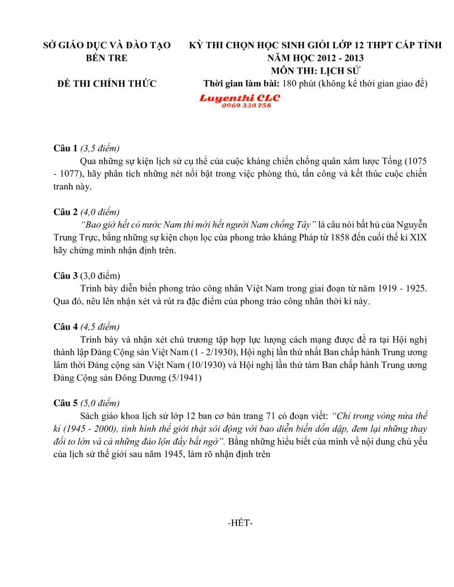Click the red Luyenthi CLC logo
(x=239, y=98)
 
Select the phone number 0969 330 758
(x=246, y=105)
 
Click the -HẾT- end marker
(x=239, y=523)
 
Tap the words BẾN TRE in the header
(x=107, y=58)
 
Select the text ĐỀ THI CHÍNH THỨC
(x=107, y=84)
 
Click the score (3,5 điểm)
(x=100, y=149)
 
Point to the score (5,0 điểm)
(x=100, y=403)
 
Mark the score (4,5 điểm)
(x=100, y=327)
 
